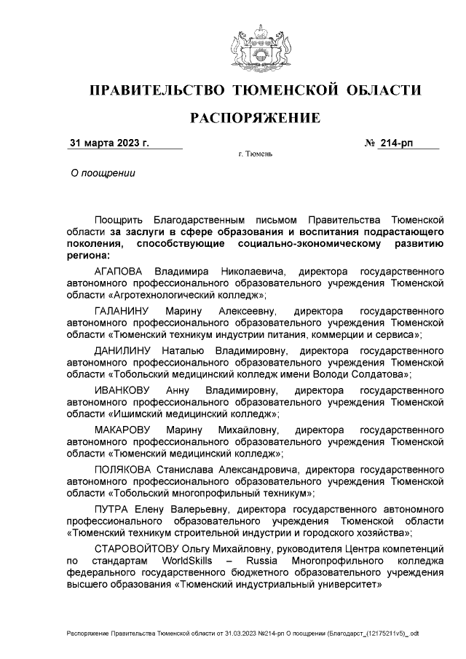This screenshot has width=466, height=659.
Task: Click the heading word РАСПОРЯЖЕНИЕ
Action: click(x=255, y=118)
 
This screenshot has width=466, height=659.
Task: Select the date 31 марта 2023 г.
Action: click(x=108, y=143)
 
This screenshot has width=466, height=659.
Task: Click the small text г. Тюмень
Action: click(x=255, y=155)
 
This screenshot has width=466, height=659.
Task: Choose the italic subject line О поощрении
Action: click(x=102, y=173)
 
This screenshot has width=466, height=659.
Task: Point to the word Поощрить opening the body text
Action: click(x=119, y=219)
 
